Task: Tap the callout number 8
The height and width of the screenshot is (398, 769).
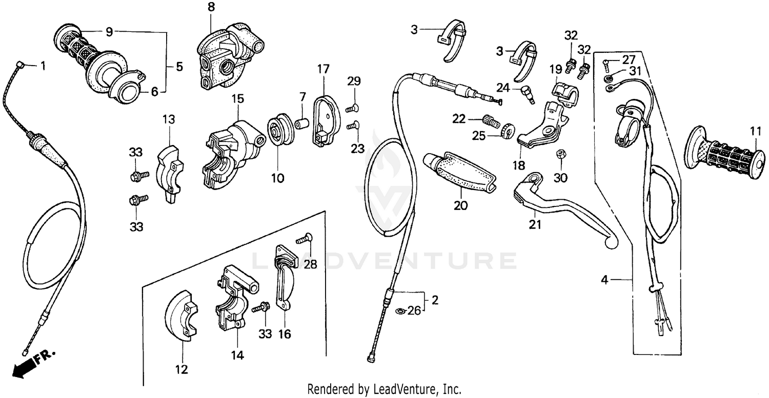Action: (211, 7)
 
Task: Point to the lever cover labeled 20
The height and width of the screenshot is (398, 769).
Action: (459, 171)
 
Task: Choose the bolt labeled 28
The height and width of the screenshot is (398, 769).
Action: (305, 238)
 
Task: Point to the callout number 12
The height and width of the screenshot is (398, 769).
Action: (181, 369)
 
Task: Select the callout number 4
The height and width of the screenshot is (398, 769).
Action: (604, 280)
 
